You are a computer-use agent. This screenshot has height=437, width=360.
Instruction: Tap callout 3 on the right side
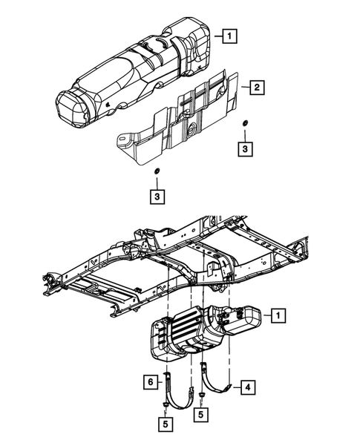point(245,149)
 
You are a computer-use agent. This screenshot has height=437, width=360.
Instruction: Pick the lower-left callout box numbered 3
point(157,197)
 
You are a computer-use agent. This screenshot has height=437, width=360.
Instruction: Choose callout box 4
point(247,387)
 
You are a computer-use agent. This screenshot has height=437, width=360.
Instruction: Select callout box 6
point(149,381)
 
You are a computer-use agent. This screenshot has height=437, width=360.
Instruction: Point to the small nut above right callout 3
point(245,122)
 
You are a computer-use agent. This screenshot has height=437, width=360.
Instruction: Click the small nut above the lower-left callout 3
point(157,172)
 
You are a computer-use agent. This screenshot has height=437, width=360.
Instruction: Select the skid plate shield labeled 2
point(186,119)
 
